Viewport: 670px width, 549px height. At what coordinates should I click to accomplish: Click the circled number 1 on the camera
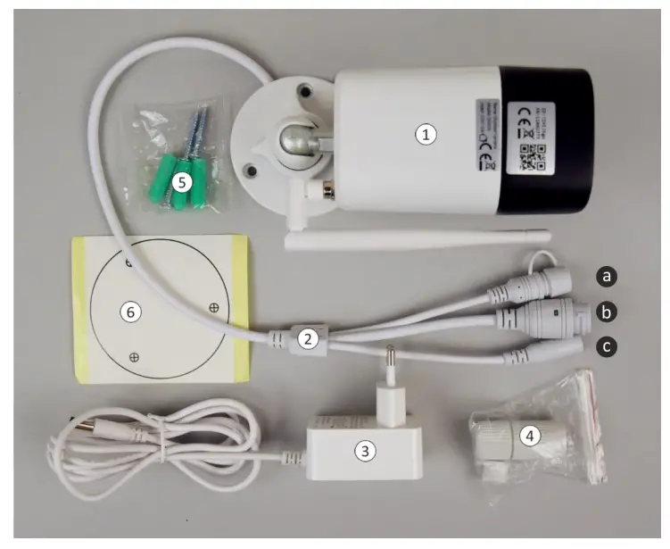click(x=427, y=135)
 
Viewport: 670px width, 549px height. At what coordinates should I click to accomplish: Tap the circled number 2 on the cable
click(x=308, y=338)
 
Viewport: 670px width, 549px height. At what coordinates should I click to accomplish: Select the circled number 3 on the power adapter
click(x=363, y=451)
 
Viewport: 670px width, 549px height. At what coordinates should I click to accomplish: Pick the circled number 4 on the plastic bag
click(x=529, y=436)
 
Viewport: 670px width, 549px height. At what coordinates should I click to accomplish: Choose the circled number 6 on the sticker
click(x=131, y=312)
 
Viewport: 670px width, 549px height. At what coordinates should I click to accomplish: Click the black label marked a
click(x=608, y=277)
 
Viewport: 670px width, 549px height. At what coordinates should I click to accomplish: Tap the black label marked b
click(x=608, y=312)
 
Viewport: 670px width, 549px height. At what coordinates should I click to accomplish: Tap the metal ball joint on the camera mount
click(x=295, y=139)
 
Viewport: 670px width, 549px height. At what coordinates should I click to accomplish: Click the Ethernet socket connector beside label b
click(x=552, y=313)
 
